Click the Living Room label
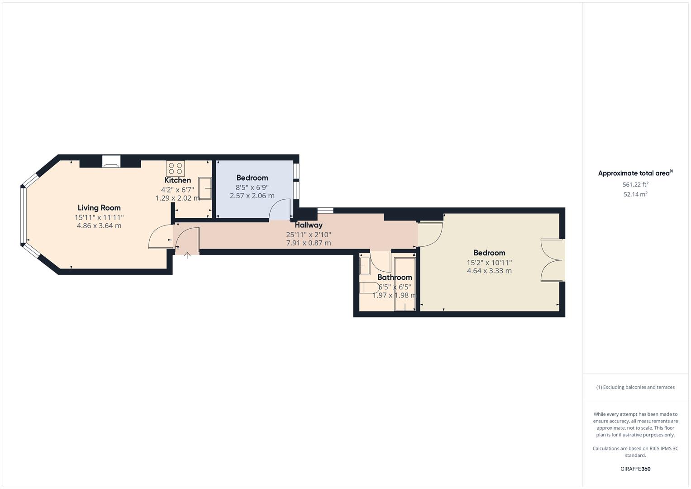point(99,208)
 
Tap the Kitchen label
point(177,180)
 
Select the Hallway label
point(309,225)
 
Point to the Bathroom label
point(395,277)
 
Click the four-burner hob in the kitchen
point(175,168)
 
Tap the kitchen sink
point(205,188)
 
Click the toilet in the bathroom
point(369,288)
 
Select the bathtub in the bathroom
point(405,284)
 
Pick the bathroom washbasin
point(365,266)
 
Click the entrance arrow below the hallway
point(187,255)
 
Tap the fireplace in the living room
point(111,162)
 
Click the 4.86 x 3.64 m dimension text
point(99,225)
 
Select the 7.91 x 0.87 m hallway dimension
point(309,243)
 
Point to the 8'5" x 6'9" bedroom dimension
point(252,187)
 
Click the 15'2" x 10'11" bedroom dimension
point(489,263)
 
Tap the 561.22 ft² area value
point(635,185)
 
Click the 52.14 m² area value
point(635,195)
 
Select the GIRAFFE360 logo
point(635,469)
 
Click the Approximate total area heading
point(635,173)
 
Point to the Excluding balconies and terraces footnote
point(635,387)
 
